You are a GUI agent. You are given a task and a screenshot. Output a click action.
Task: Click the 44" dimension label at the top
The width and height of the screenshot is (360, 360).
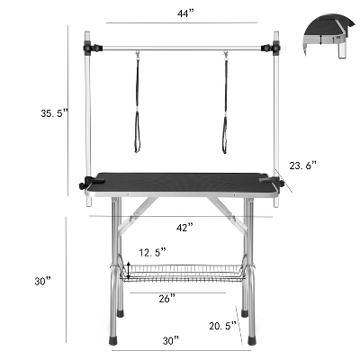coord(185,13)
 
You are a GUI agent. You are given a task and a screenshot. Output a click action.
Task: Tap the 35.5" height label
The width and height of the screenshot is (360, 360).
coord(55,113)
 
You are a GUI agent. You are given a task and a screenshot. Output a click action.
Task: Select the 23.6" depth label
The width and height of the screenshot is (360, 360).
coord(303,166)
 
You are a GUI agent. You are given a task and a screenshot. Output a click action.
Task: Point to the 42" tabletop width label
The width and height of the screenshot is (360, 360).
coord(184,227)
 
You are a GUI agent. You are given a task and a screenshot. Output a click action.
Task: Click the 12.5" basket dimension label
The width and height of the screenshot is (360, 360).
coord(152,252)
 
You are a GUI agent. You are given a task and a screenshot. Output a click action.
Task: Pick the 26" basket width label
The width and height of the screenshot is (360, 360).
coord(166,299)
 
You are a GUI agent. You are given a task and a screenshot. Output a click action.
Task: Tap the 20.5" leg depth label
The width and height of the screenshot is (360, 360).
coord(223,326)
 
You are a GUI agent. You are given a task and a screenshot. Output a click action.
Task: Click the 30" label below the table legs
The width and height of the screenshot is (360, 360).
coord(171,341)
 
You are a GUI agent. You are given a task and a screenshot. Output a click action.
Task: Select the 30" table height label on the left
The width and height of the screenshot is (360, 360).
coord(42,281)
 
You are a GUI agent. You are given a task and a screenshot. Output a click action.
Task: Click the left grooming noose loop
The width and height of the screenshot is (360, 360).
coord(138,132)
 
